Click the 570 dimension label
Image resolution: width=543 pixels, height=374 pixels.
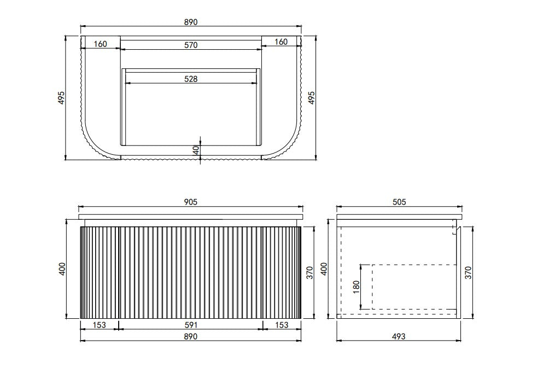pos(191,45)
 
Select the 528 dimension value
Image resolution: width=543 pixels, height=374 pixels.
pos(191,79)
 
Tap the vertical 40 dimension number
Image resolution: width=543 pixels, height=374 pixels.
pos(196,150)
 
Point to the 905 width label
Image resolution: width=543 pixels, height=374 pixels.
pos(191,202)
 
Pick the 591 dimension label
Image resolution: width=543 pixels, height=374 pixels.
pos(191,325)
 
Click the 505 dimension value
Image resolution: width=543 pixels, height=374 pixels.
pos(399,202)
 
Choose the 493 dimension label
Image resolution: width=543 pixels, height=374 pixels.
pos(399,336)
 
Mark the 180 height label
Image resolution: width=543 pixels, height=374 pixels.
pos(357,287)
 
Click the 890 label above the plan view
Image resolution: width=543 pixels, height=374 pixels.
pos(191,22)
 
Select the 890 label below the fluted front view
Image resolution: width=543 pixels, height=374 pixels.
pos(191,336)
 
